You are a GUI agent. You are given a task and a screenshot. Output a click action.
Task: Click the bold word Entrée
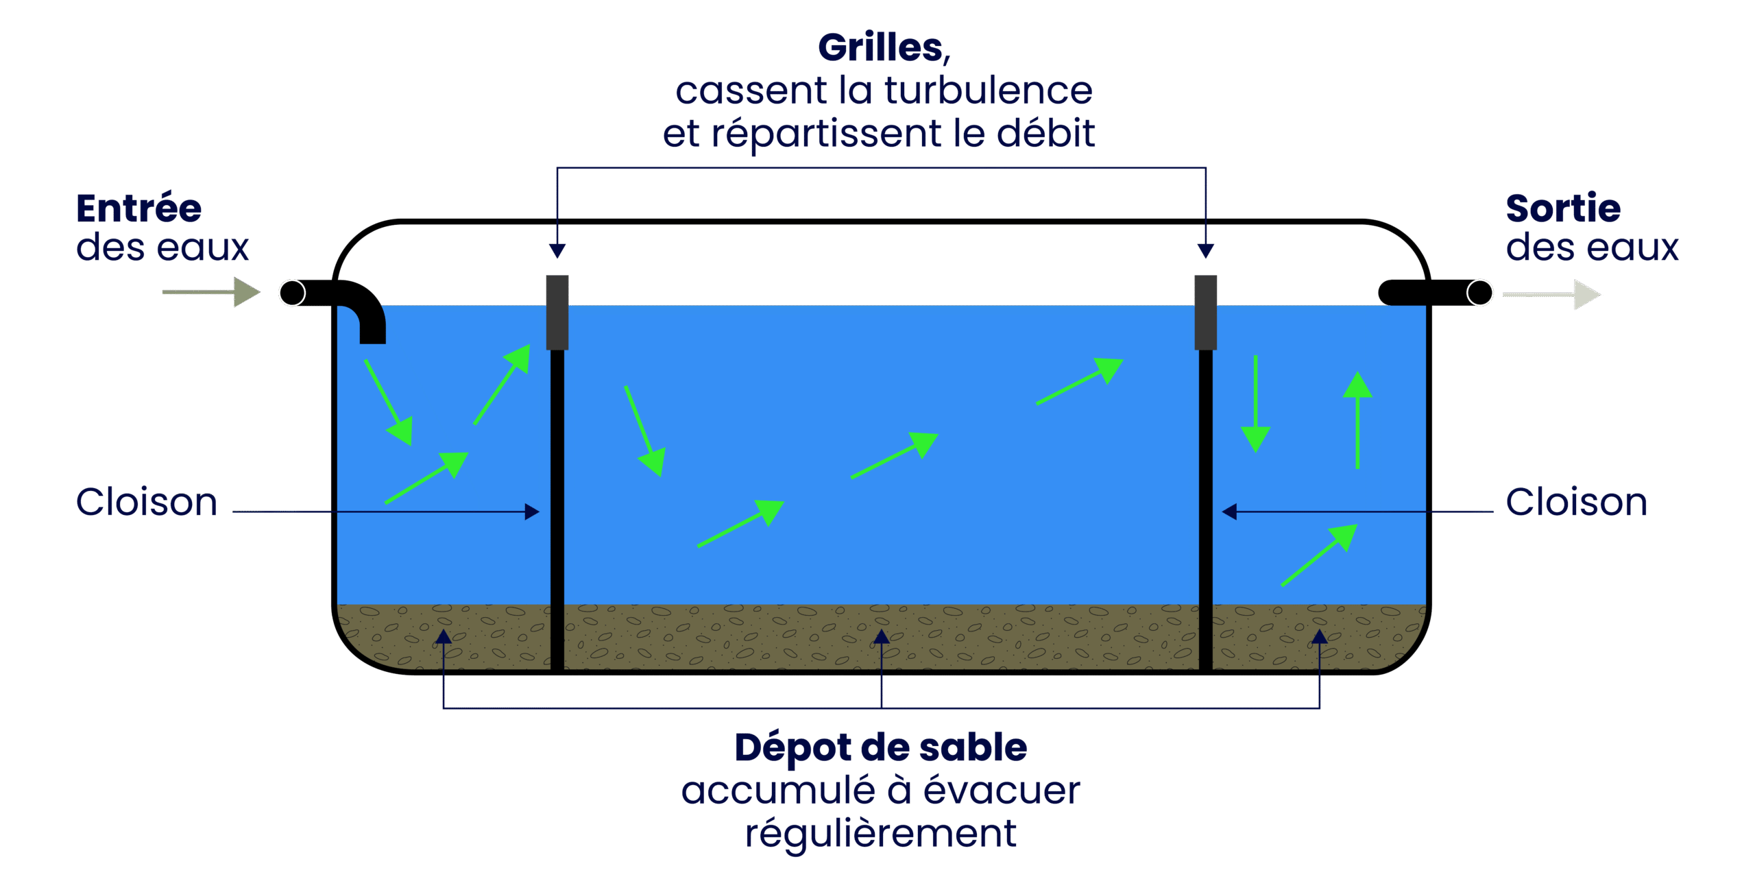click(x=138, y=208)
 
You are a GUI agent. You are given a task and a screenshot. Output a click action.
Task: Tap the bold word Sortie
click(x=1562, y=208)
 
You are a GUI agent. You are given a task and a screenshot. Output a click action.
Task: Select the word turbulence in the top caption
click(x=988, y=91)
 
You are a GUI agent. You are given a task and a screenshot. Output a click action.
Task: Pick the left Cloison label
click(x=146, y=502)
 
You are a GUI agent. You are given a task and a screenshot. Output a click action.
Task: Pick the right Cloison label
click(x=1576, y=502)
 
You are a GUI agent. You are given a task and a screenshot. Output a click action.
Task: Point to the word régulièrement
click(x=880, y=834)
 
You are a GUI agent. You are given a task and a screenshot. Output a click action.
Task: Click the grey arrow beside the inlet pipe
click(x=213, y=292)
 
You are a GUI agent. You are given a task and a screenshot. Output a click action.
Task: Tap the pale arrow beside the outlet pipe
click(x=1552, y=295)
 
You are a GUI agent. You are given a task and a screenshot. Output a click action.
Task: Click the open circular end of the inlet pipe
click(x=293, y=293)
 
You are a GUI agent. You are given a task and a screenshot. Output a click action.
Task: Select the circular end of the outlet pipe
click(x=1479, y=293)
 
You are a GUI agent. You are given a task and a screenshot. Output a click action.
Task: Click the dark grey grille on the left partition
click(x=557, y=312)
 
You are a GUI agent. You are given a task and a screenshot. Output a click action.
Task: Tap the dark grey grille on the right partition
click(x=1205, y=312)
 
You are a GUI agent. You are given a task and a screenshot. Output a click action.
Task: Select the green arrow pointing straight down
click(x=1255, y=405)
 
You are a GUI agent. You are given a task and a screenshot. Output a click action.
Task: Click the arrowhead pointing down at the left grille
click(x=557, y=251)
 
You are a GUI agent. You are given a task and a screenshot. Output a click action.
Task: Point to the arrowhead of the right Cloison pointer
click(x=1230, y=511)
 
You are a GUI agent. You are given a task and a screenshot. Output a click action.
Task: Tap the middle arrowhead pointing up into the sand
click(x=882, y=637)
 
